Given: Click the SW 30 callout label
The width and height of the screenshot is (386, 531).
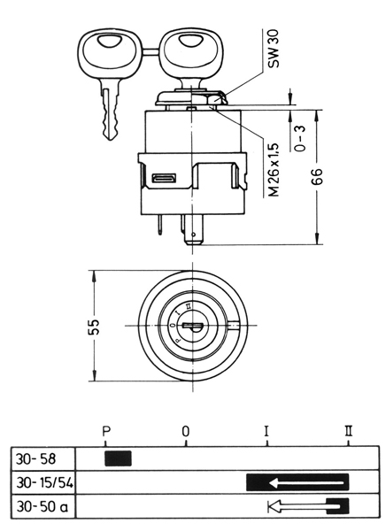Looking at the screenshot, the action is point(274,49).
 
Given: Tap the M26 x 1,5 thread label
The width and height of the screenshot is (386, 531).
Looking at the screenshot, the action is point(274,170).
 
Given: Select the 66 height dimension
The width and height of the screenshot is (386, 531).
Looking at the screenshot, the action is point(317,176).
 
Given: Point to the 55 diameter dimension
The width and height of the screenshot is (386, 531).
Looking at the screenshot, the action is point(95,327).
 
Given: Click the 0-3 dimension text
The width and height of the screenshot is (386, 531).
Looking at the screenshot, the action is point(299,138).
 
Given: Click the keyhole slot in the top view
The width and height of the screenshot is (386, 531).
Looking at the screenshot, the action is point(192,326).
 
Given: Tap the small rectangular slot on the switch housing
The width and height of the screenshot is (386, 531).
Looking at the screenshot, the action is point(164,178).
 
